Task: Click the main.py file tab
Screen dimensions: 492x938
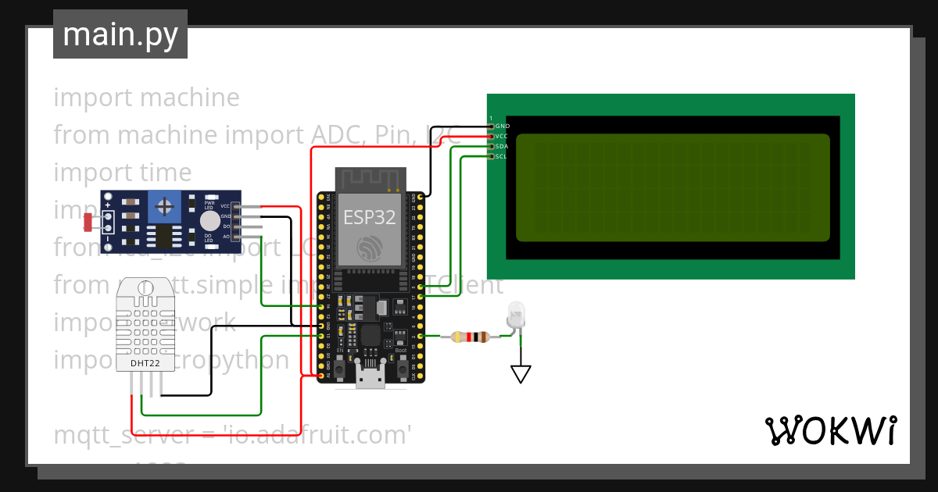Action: [120, 34]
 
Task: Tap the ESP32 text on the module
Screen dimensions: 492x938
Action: [370, 218]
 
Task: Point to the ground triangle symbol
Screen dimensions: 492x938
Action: [521, 375]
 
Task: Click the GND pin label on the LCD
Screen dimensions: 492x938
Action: [503, 126]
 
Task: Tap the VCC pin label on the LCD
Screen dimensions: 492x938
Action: [503, 136]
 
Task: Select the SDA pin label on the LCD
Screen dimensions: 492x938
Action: [503, 146]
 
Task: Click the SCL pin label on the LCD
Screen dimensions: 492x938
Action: [502, 156]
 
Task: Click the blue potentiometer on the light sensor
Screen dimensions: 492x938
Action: [165, 206]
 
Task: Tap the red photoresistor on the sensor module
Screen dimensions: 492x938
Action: [88, 222]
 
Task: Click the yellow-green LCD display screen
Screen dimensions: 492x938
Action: [672, 187]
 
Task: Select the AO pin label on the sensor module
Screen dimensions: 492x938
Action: [226, 236]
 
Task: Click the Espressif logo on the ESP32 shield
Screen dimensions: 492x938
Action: [370, 249]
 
